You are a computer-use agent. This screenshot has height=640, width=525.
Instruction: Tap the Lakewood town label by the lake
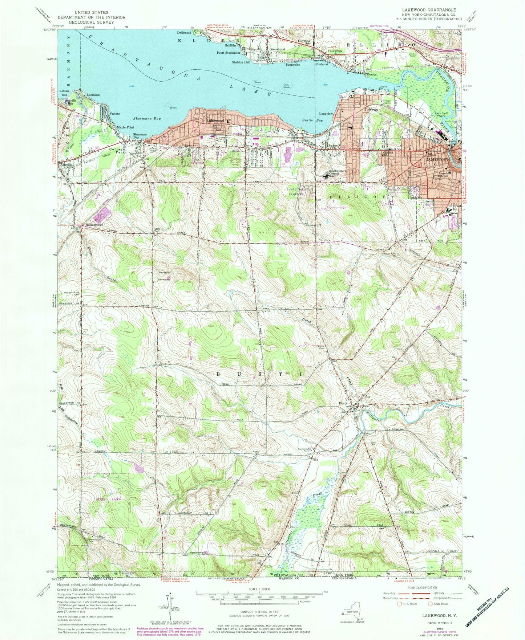point(215,121)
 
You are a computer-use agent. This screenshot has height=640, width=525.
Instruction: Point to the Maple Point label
point(125,127)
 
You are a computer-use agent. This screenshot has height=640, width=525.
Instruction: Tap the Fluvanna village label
point(334,51)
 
